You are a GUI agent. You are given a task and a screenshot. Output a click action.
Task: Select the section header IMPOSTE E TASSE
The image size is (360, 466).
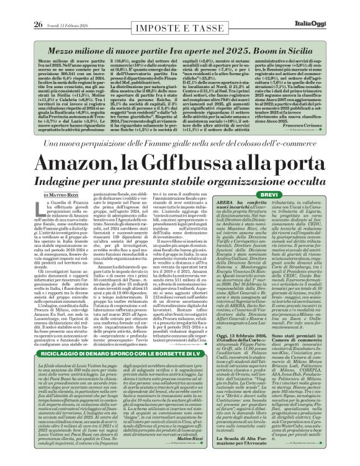point(180,7)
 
